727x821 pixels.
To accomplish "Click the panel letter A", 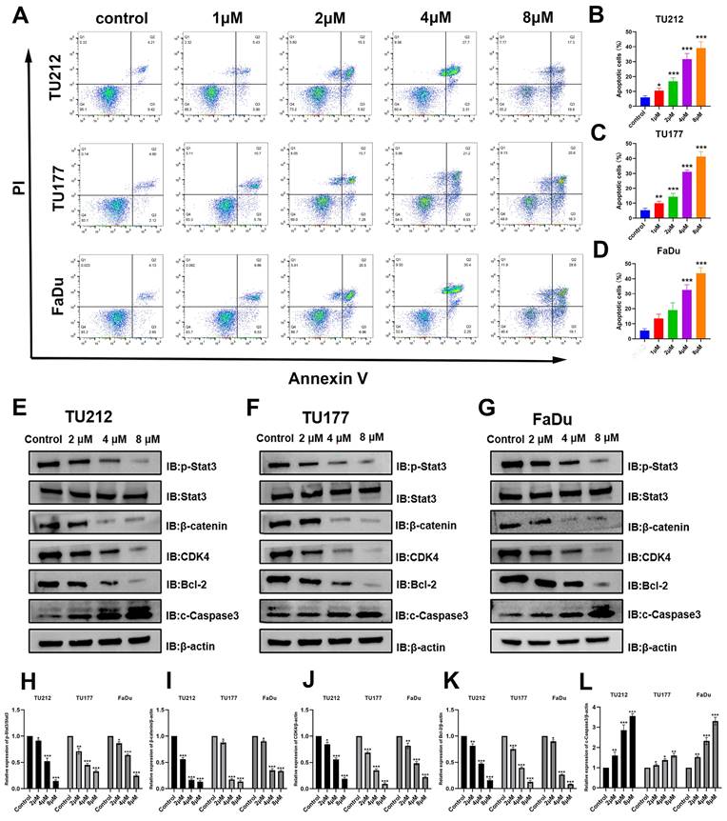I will (x=22, y=16).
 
